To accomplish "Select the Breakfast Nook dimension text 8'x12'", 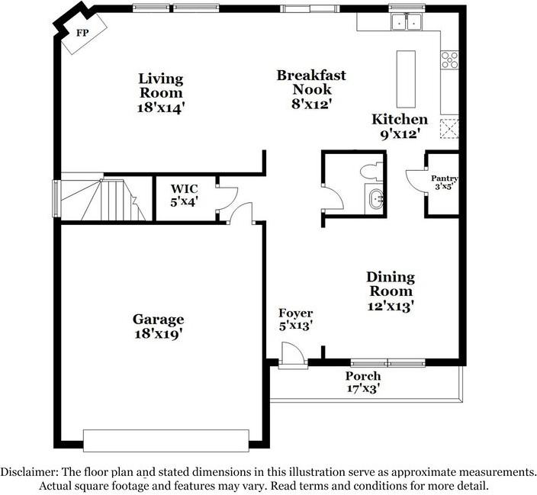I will point(311,104).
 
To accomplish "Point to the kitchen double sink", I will point(405,24).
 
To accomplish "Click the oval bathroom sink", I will point(376,200).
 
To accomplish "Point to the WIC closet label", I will point(184,188).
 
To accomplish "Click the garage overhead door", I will point(166,440).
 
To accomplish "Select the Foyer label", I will point(295,313).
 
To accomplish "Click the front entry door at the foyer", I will point(292,355).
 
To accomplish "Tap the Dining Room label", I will point(390,284).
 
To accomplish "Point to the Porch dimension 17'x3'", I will point(362,388).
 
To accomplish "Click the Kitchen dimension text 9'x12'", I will point(399,134).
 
